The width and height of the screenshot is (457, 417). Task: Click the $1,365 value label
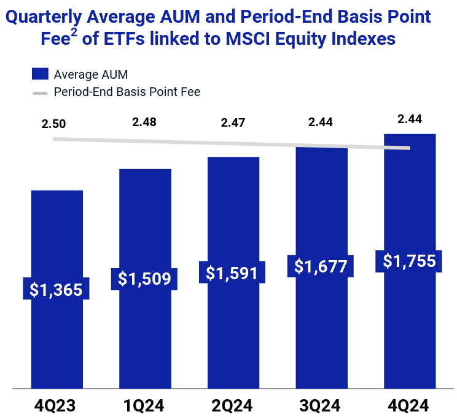[x=57, y=290]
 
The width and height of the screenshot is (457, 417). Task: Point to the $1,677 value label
[x=321, y=266]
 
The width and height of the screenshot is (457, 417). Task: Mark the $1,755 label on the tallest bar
[x=410, y=261]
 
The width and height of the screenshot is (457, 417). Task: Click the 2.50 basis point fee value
[x=54, y=124]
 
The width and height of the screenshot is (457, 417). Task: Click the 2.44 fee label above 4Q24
[x=410, y=119]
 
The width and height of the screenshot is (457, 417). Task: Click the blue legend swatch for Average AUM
[x=40, y=74]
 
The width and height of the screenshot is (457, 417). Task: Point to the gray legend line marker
[x=40, y=93]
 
